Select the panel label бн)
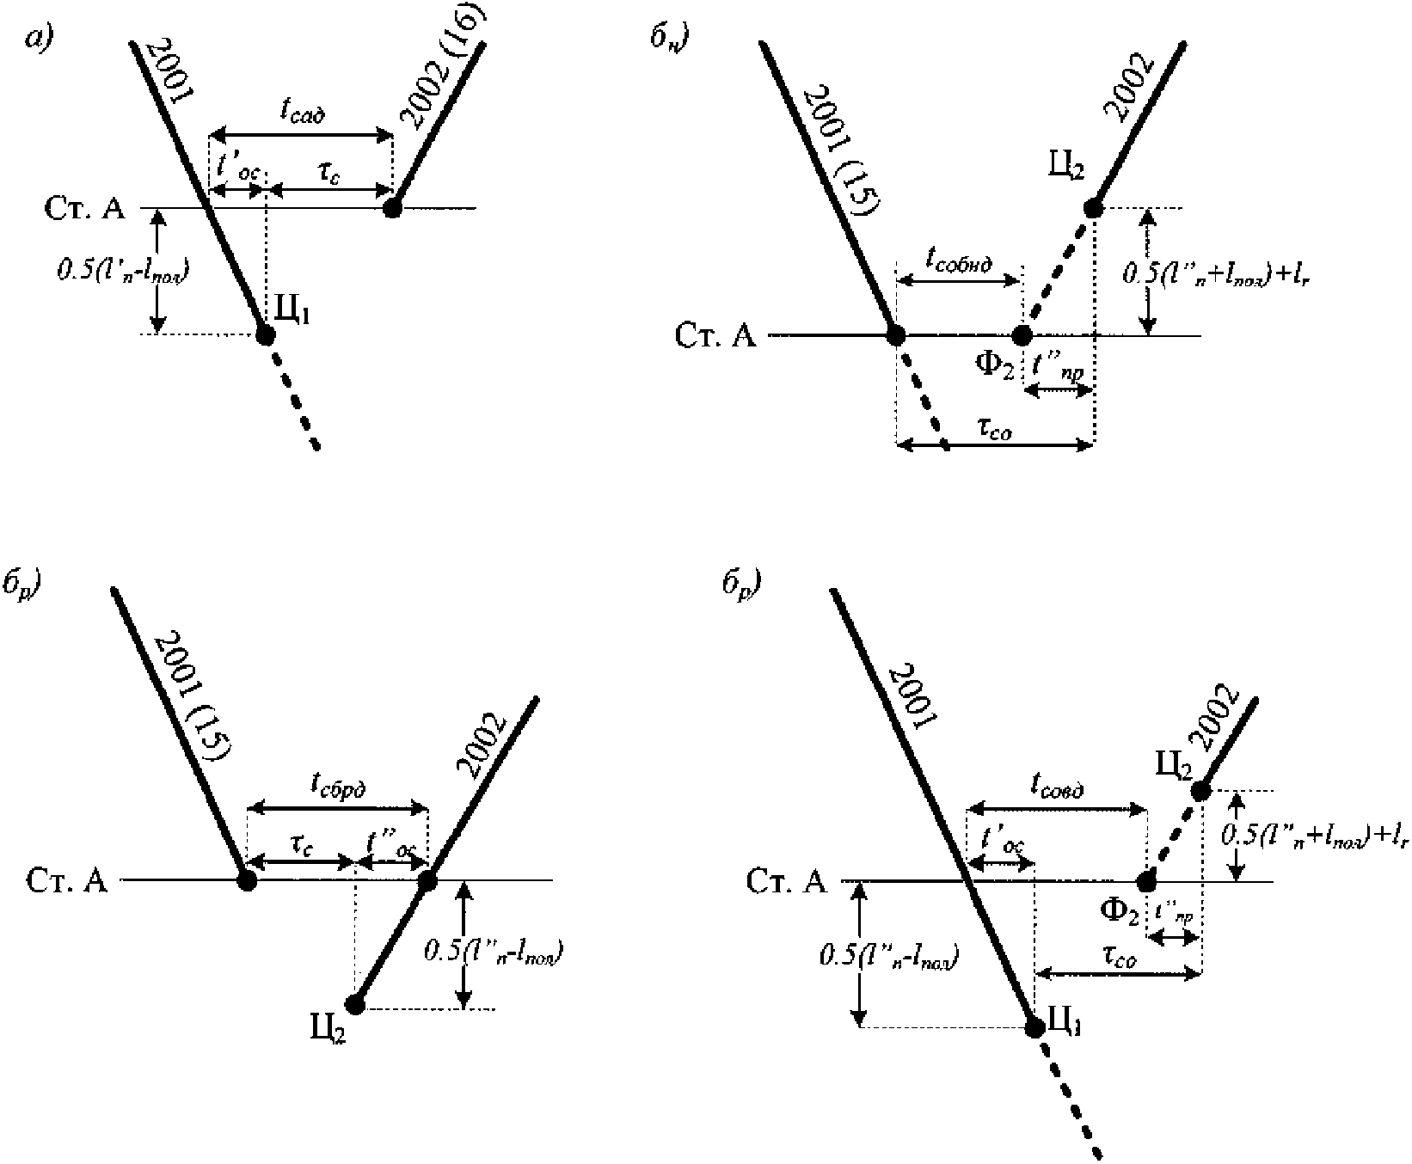pos(668,39)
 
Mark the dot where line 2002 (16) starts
pos(392,207)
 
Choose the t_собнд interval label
pos(959,260)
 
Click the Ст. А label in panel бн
pos(715,335)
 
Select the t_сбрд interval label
pos(337,786)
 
